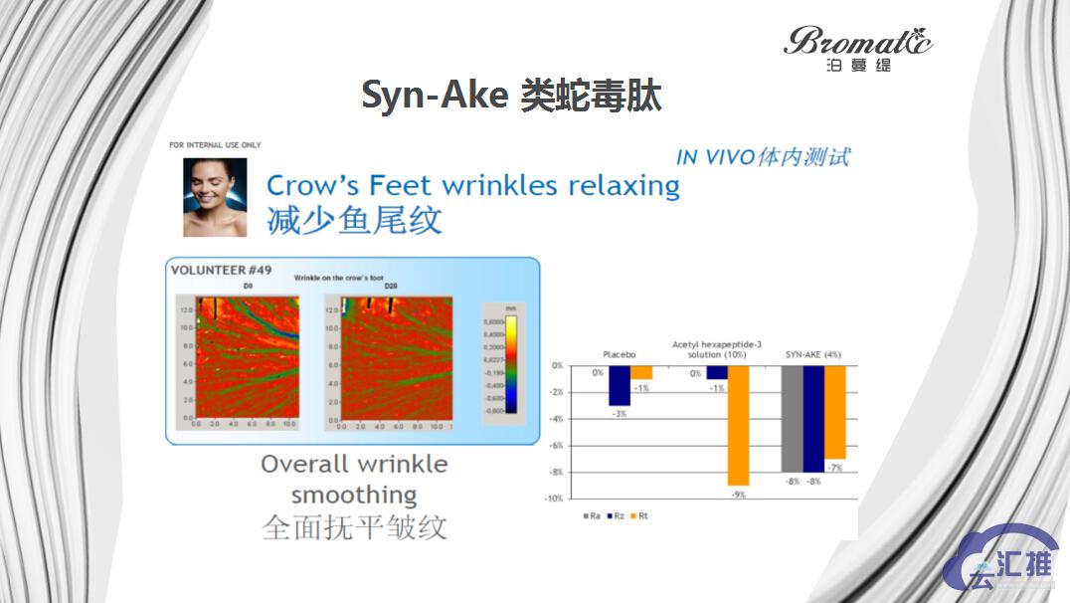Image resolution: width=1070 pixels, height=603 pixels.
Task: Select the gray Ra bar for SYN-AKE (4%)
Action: pyautogui.click(x=792, y=418)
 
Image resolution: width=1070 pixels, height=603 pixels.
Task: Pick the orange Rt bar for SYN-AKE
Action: pyautogui.click(x=835, y=412)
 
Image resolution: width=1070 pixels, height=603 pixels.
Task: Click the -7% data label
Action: pyautogui.click(x=836, y=467)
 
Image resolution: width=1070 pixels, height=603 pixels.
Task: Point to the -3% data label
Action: pyautogui.click(x=619, y=413)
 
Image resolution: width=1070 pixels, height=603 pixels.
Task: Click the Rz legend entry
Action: pyautogui.click(x=618, y=515)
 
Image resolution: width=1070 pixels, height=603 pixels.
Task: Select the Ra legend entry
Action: pyautogui.click(x=593, y=515)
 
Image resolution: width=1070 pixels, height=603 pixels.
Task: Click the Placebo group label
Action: pyautogui.click(x=620, y=353)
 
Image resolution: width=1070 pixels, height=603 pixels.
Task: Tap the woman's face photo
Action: pyautogui.click(x=215, y=197)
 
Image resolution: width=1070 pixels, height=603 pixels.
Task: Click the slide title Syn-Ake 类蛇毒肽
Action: pyautogui.click(x=510, y=97)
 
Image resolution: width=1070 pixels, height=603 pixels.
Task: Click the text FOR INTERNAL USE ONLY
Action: pyautogui.click(x=216, y=145)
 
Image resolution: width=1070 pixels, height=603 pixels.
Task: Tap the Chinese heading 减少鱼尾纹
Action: pyautogui.click(x=353, y=219)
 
